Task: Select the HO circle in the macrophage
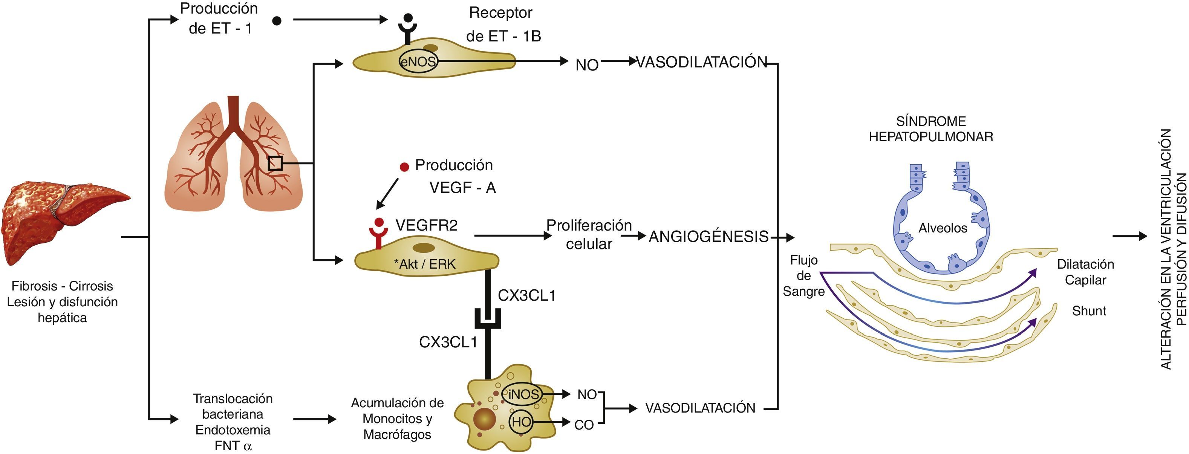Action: coord(521,422)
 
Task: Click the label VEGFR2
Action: coord(427,225)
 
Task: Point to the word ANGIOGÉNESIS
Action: coord(709,237)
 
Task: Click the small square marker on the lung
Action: coord(275,163)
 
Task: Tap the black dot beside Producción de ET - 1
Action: coord(277,21)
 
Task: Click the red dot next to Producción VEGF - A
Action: coord(404,167)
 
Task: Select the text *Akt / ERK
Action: coord(425,264)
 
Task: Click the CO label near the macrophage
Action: coord(584,425)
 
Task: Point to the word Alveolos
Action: coord(943,228)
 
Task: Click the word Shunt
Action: coord(1089,311)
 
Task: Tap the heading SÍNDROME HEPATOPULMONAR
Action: coord(931,129)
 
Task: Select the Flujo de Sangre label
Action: coord(803,276)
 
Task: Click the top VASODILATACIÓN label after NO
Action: coord(702,62)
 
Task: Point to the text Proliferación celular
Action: coord(589,234)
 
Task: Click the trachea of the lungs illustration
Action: coord(233,111)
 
